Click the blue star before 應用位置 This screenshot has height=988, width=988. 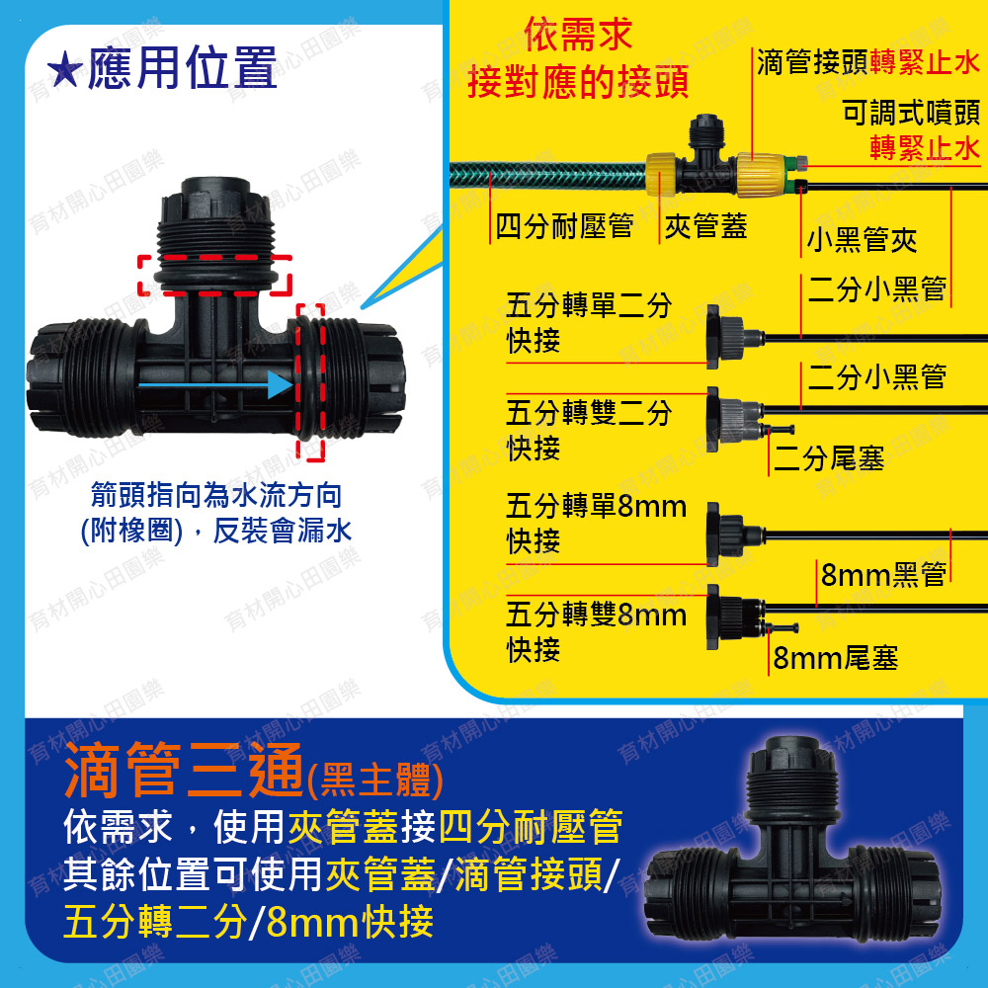[x=64, y=70]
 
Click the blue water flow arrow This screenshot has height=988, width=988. [x=214, y=384]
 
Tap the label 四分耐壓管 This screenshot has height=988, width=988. [x=564, y=225]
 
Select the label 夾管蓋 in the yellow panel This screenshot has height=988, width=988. [x=705, y=225]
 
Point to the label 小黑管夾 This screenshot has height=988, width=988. [x=862, y=239]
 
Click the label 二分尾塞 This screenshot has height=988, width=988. [x=829, y=458]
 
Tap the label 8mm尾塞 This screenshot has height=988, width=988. [x=836, y=658]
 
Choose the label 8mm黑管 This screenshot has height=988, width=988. [x=884, y=574]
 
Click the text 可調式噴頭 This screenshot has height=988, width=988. [x=911, y=113]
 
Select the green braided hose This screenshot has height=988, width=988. [x=548, y=175]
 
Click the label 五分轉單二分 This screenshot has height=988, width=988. [x=589, y=305]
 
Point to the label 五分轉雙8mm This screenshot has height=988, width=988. [x=596, y=615]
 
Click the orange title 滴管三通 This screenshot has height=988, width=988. [x=184, y=770]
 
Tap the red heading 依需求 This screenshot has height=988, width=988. [x=578, y=35]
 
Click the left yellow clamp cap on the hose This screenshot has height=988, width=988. [x=661, y=174]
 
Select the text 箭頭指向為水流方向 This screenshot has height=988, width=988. [x=216, y=495]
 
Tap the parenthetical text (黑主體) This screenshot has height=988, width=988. [x=375, y=781]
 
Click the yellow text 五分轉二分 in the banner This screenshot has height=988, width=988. [x=155, y=922]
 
